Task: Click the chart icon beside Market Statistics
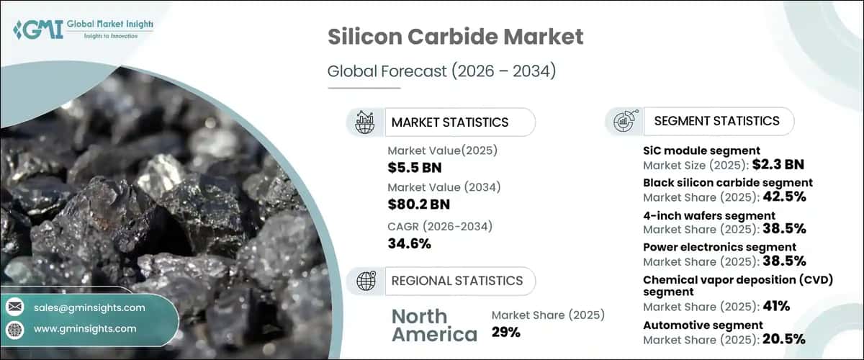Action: tap(364, 122)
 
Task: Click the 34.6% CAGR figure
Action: tap(409, 243)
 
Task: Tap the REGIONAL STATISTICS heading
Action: tap(456, 280)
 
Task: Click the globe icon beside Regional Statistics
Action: tap(364, 280)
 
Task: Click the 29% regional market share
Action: tap(505, 332)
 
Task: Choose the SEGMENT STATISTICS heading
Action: tap(716, 121)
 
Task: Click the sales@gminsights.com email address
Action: tap(89, 307)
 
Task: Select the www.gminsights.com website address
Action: tap(85, 328)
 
